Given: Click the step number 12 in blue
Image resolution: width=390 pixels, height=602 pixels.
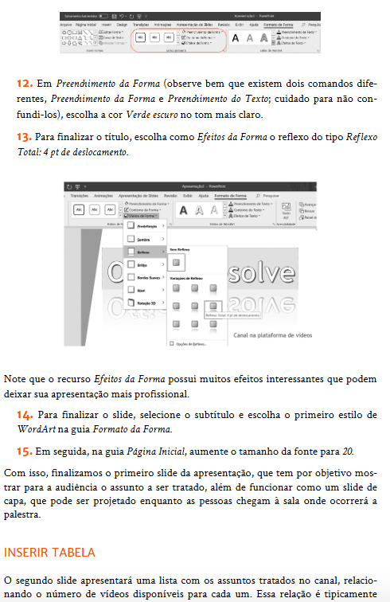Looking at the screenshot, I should click(23, 82).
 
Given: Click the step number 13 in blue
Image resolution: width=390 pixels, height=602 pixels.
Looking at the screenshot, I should click(23, 138).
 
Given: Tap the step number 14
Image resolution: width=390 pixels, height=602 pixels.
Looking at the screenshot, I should click(24, 416).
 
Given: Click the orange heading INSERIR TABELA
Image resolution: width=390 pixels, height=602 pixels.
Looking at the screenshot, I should click(49, 552).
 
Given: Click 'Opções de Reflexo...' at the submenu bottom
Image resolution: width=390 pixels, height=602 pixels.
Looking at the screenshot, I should click(190, 343).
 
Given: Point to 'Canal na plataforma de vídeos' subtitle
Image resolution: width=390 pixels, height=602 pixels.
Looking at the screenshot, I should click(275, 335).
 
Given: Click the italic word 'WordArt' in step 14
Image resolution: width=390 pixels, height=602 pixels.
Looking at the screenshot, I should click(35, 429).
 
